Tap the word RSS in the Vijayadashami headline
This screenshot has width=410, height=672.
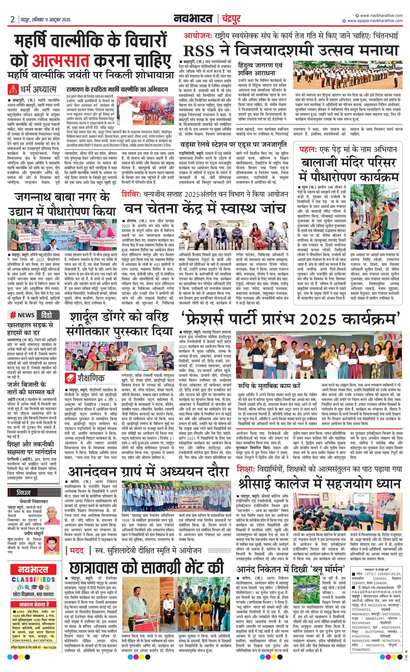tap(199, 51)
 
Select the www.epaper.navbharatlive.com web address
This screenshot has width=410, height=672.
tap(375, 21)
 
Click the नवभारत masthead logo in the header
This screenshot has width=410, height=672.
tap(193, 19)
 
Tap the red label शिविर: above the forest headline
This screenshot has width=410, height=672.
tap(131, 194)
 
